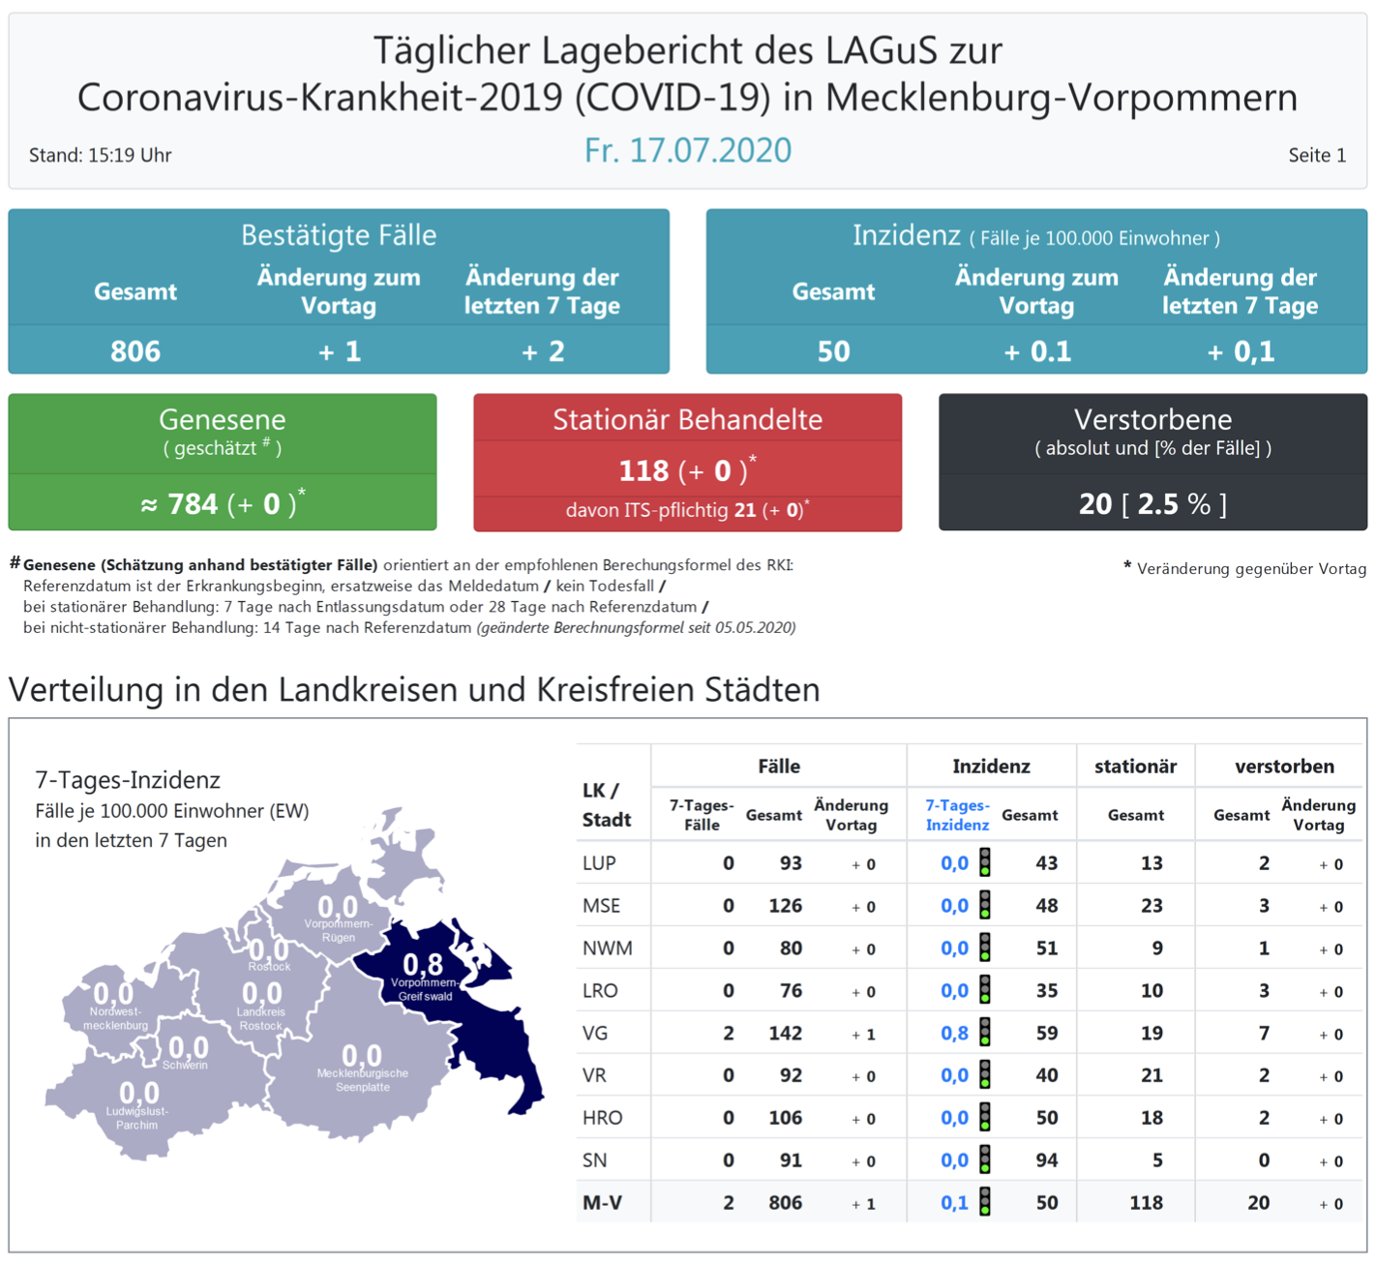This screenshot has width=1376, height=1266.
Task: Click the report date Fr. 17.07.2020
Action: (687, 150)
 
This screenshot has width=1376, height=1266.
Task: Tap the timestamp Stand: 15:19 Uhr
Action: (100, 155)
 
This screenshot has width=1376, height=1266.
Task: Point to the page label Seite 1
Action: (1316, 155)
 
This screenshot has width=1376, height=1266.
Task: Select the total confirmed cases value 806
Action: (135, 350)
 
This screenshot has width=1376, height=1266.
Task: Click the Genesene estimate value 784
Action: (193, 504)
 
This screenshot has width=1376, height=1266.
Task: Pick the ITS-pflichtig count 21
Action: (744, 510)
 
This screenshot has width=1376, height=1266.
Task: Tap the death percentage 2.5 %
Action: (1173, 504)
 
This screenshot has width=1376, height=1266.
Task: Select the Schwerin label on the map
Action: (185, 1065)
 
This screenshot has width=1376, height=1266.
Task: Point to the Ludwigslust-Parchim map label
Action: (136, 1118)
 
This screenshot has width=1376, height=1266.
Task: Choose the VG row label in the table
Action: (595, 1034)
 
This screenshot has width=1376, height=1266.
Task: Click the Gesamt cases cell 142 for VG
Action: (785, 1034)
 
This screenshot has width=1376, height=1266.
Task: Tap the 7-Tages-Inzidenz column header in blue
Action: (957, 815)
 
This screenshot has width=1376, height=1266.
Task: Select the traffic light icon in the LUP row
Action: (985, 862)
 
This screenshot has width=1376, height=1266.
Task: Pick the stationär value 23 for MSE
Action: (1151, 906)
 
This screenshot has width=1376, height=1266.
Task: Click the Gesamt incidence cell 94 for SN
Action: (1046, 1160)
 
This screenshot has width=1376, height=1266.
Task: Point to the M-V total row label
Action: (602, 1203)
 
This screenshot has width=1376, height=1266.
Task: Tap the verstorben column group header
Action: (1284, 767)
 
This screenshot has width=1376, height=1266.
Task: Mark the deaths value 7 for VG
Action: (1264, 1034)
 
